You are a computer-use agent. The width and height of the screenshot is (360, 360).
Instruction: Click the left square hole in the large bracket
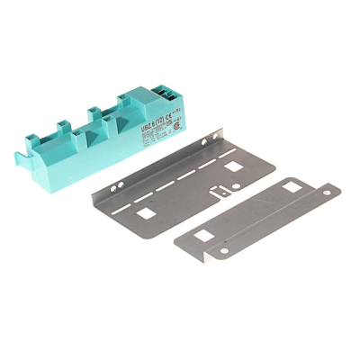144,212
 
